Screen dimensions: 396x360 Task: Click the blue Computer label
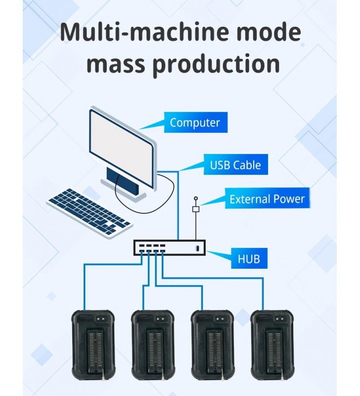point(195,122)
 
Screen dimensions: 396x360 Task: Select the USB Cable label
point(235,165)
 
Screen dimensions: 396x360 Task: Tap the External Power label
point(267,199)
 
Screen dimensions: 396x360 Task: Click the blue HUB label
point(249,258)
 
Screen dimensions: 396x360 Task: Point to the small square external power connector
point(195,209)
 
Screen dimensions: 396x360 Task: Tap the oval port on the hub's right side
point(197,247)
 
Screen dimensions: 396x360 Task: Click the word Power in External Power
point(289,199)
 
